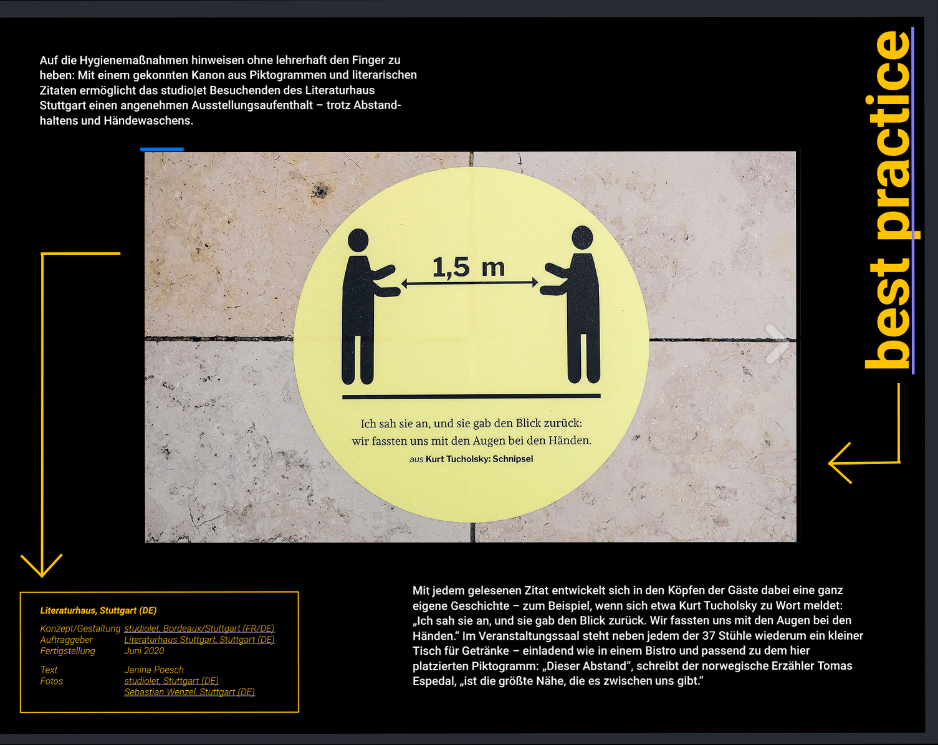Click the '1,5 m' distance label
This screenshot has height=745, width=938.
[x=468, y=267]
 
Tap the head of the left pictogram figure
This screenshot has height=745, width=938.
[x=358, y=240]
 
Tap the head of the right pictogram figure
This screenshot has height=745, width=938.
[x=582, y=237]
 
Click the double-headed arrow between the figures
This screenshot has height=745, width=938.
[x=469, y=283]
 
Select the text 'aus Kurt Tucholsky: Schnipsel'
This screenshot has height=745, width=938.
[x=471, y=459]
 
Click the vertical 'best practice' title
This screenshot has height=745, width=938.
[x=889, y=199]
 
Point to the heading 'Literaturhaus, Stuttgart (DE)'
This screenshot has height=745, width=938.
[x=98, y=610]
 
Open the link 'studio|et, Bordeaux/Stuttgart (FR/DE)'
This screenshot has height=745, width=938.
[x=199, y=629]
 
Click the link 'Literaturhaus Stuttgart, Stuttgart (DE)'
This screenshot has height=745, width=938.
[x=199, y=640]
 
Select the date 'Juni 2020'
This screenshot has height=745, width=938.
[x=144, y=651]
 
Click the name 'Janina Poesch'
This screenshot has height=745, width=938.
[x=154, y=670]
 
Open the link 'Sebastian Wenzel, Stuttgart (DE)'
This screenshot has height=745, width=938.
[x=189, y=692]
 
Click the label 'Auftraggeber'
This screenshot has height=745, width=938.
[x=66, y=640]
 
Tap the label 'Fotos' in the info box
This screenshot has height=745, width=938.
[x=52, y=681]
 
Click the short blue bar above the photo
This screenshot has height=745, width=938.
[x=162, y=149]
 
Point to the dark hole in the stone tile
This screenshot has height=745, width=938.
[x=320, y=191]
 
